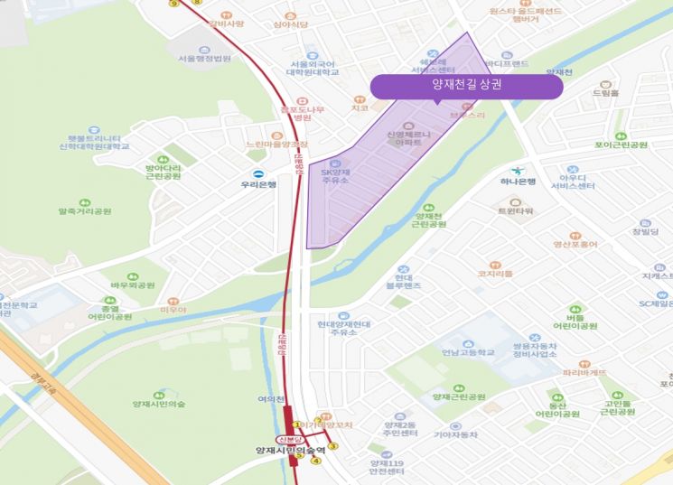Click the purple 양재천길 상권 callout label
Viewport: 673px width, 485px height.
coord(466,86)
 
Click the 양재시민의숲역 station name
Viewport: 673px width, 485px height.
coord(290,451)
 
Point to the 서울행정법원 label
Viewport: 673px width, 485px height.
coord(204,58)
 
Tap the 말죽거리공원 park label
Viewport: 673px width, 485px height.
coord(84,211)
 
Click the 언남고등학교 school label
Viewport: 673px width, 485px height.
coord(468,352)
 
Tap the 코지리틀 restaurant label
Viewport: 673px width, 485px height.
coord(495,273)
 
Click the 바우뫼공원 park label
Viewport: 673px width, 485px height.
coord(134,285)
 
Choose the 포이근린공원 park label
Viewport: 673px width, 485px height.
coord(621,145)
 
